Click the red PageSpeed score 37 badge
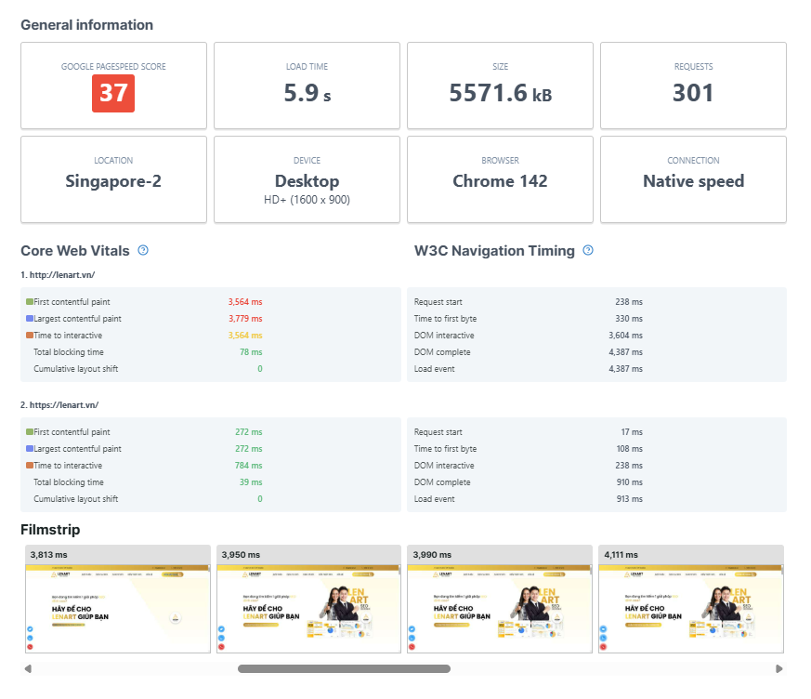pos(113,93)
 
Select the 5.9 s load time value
pos(307,93)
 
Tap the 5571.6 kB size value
pos(500,93)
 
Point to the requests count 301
pos(693,93)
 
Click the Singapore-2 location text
pos(113,181)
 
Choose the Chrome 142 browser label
pos(500,181)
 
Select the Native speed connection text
pos(693,181)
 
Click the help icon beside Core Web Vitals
pos(143,251)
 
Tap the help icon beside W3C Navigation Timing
pos(588,251)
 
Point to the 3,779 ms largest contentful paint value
pos(245,319)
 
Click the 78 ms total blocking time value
pos(252,352)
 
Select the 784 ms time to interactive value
pos(249,466)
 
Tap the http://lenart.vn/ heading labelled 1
pos(58,275)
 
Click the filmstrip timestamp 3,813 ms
pos(49,554)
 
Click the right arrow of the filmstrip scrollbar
pos(778,668)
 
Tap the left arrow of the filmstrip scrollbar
pos(28,668)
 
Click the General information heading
pos(87,25)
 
